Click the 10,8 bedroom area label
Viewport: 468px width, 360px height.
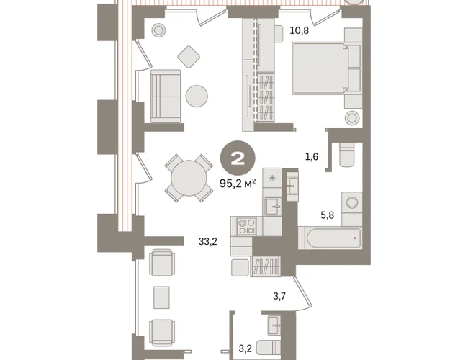click(300, 31)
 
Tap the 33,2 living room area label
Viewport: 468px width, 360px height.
click(208, 241)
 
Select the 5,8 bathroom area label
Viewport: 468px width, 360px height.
click(328, 215)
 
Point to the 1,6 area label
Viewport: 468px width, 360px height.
click(312, 157)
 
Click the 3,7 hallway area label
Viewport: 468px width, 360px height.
click(279, 296)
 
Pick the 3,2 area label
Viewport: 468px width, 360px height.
click(246, 348)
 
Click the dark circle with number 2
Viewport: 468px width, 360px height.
click(238, 158)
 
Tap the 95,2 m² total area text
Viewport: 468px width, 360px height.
click(238, 184)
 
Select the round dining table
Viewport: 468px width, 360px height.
click(189, 179)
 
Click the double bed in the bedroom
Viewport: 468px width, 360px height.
click(320, 68)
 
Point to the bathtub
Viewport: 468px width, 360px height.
click(330, 238)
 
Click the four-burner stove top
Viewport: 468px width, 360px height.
click(246, 226)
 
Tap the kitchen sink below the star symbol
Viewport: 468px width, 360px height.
click(274, 206)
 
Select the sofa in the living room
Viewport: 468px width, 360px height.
click(166, 96)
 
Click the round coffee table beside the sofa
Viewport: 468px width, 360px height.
click(197, 96)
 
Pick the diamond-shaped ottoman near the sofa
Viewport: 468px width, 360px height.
click(189, 57)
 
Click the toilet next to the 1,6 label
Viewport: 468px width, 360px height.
click(347, 155)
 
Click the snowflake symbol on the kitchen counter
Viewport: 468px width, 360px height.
click(272, 179)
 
